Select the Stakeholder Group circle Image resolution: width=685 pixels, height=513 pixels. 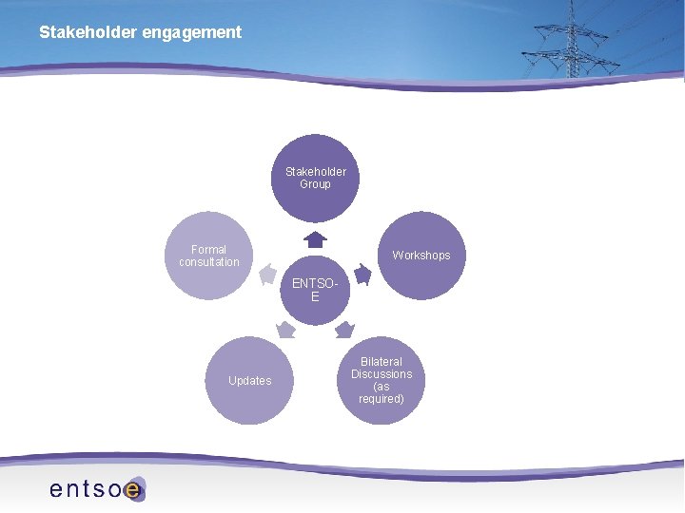pyautogui.click(x=315, y=178)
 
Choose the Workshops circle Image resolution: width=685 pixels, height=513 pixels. pyautogui.click(x=421, y=255)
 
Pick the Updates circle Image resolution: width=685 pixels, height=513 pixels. pyautogui.click(x=249, y=380)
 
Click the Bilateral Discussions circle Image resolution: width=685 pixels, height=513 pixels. pyautogui.click(x=381, y=380)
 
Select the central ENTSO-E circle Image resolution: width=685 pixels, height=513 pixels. pyautogui.click(x=315, y=290)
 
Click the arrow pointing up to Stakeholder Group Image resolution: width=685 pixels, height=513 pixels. pyautogui.click(x=315, y=239)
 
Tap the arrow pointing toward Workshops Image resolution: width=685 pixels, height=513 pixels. pyautogui.click(x=362, y=275)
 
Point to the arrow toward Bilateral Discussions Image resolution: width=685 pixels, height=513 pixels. pyautogui.click(x=344, y=330)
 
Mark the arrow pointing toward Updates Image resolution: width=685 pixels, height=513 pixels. pyautogui.click(x=285, y=330)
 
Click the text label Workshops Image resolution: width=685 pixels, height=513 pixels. pyautogui.click(x=421, y=256)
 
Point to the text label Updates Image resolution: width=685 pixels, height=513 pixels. pyautogui.click(x=249, y=381)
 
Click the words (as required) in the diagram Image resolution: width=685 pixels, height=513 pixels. pyautogui.click(x=381, y=393)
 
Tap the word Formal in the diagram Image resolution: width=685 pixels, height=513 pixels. pyautogui.click(x=208, y=250)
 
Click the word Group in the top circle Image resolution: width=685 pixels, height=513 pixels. pyautogui.click(x=315, y=184)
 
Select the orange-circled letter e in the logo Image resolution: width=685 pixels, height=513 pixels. pyautogui.click(x=133, y=490)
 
